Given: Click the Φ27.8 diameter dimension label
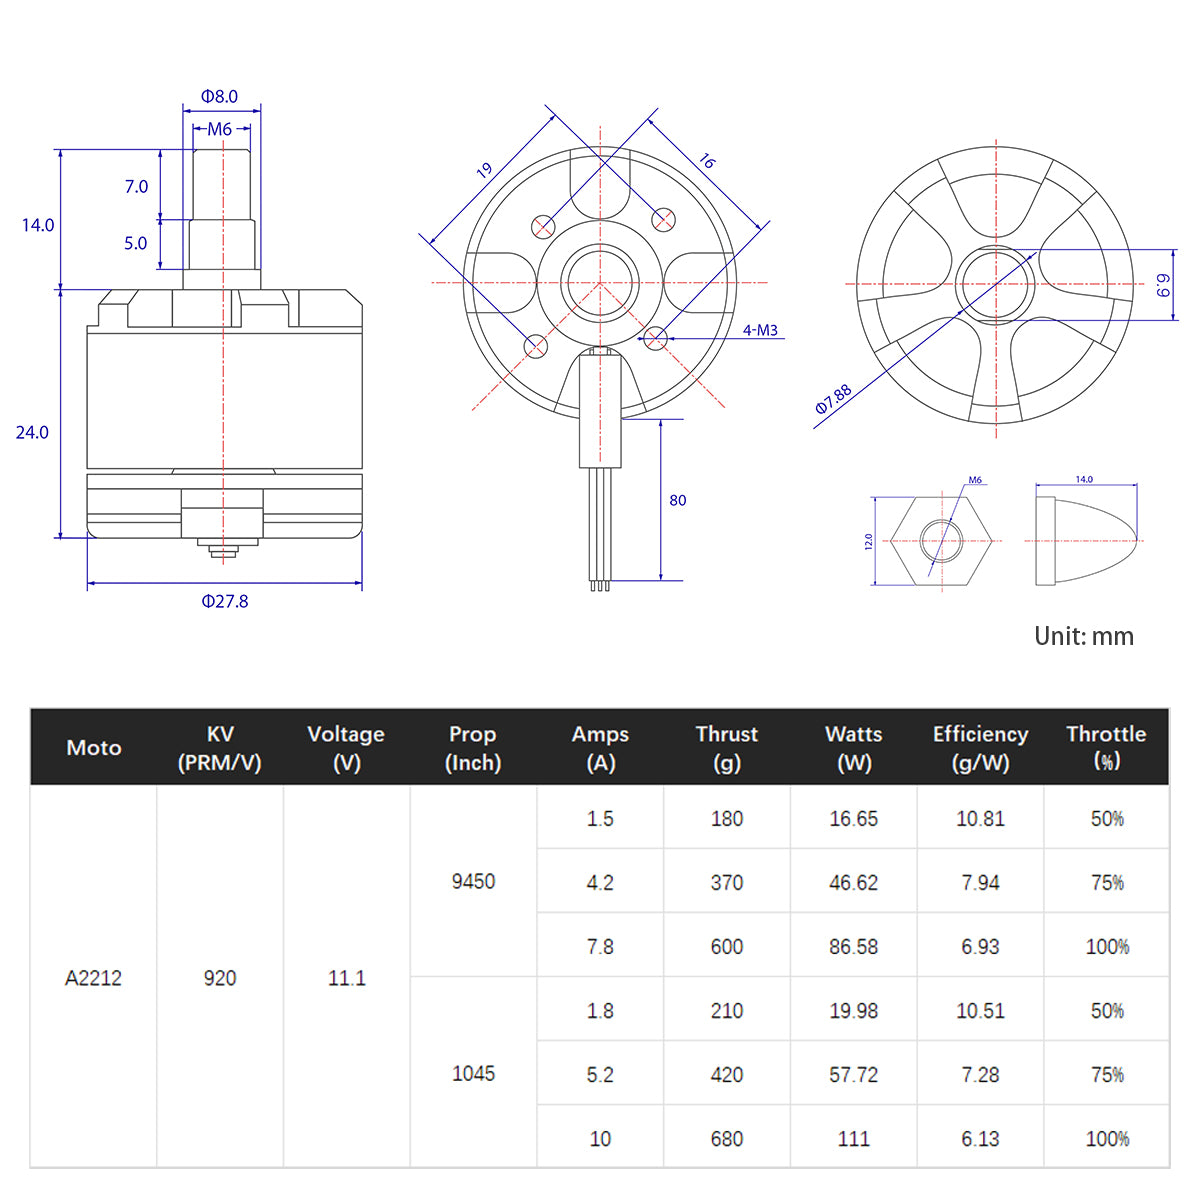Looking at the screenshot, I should (225, 601).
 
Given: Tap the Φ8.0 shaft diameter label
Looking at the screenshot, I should (219, 97).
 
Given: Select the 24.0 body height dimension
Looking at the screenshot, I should (32, 432).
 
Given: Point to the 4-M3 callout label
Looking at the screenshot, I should (760, 330).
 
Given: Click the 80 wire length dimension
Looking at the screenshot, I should (678, 500).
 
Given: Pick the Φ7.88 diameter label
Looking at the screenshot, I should (833, 399).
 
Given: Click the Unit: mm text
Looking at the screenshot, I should (1084, 636).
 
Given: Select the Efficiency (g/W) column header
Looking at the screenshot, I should (980, 748).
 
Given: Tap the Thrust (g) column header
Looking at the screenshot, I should (726, 748).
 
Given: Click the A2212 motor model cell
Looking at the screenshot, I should (93, 978).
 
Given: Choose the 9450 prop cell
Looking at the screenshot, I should (473, 881).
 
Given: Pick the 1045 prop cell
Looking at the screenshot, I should (473, 1073).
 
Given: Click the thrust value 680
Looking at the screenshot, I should (726, 1139).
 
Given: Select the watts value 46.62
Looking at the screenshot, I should (853, 883).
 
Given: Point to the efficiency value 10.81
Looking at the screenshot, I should (980, 819).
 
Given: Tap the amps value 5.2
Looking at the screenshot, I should (600, 1075).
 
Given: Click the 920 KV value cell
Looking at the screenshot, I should (220, 978).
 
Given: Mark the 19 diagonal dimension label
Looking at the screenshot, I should (485, 171).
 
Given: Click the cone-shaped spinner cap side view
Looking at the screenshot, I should (1082, 541).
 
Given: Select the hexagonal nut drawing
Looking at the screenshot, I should (942, 541).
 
